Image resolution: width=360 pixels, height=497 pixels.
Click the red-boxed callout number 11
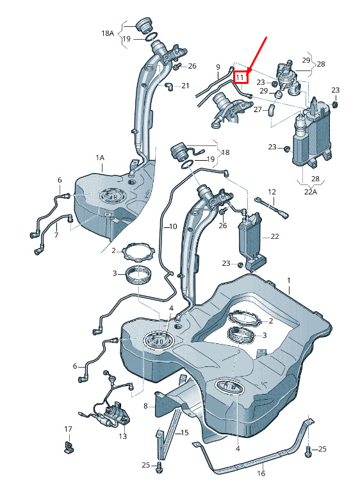coord(240,77)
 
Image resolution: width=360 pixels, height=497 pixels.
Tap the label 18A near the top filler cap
coord(108,33)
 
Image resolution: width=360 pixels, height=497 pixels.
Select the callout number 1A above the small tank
coord(100,158)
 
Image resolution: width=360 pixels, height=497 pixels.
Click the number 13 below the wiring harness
coord(122,436)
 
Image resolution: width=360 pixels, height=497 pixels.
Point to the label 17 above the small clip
coord(68,429)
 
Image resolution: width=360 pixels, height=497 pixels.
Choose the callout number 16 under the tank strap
coord(261,473)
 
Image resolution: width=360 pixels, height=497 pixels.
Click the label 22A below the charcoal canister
coord(310,191)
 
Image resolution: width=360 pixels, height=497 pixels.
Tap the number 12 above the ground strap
coord(272,191)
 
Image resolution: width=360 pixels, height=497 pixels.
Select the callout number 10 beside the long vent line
coord(173,227)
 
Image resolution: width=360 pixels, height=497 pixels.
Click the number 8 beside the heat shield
coord(145,405)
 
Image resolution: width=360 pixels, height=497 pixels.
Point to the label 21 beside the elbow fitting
coord(185,86)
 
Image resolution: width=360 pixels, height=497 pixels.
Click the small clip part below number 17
coord(69,446)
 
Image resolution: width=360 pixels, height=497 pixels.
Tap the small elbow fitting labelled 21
coord(169,86)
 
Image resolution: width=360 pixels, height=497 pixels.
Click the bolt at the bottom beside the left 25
coord(159,466)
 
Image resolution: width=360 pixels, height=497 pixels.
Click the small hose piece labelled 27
coord(272,111)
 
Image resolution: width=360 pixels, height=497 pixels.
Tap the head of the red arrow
coord(248,71)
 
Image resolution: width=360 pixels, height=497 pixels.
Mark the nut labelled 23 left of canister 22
coord(240,265)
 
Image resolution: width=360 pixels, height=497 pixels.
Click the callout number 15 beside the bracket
coord(184,432)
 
